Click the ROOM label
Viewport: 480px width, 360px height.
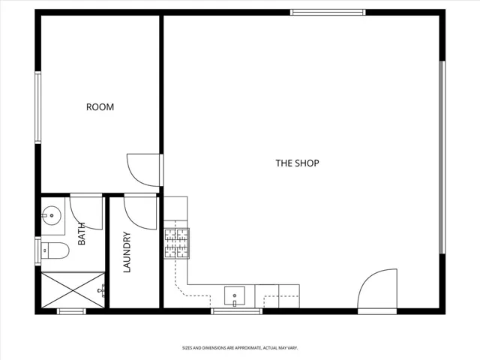point(100,106)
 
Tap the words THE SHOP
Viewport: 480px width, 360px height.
point(297,163)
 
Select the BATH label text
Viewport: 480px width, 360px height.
point(82,233)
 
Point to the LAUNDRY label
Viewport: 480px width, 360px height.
point(127,252)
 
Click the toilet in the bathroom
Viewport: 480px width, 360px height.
point(55,250)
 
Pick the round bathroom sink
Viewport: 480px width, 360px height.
point(52,215)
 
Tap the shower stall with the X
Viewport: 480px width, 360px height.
point(73,290)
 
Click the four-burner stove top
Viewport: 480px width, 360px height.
point(177,243)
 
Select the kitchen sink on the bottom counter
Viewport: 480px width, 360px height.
point(235,295)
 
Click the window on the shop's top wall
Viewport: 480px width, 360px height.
point(328,12)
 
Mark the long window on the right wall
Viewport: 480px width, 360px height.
point(442,157)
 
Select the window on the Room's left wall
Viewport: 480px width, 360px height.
point(38,107)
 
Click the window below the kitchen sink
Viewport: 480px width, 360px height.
point(237,311)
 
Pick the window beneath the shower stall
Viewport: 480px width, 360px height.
point(71,311)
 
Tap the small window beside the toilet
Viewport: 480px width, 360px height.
point(38,251)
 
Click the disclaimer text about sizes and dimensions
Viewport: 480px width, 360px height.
point(240,348)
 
